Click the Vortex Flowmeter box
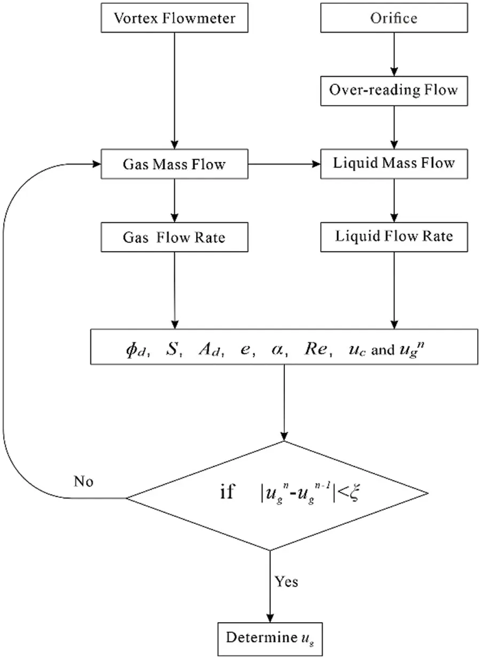click(x=174, y=18)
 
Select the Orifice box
click(x=394, y=18)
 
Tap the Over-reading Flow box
click(x=394, y=89)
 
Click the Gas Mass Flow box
click(x=174, y=163)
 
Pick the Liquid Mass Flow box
click(x=394, y=163)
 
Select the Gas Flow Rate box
click(x=174, y=237)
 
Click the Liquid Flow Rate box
click(x=394, y=237)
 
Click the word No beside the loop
click(x=83, y=482)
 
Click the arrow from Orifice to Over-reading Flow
click(x=394, y=53)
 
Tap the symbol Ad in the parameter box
click(x=209, y=352)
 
